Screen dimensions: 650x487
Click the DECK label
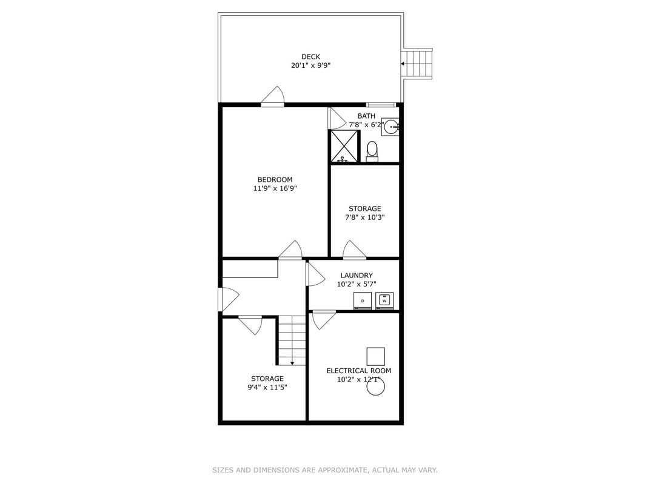pyautogui.click(x=310, y=57)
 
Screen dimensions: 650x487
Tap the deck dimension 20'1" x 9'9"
pyautogui.click(x=310, y=65)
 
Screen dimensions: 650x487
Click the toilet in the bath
pyautogui.click(x=372, y=151)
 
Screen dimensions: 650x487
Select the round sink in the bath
pyautogui.click(x=390, y=127)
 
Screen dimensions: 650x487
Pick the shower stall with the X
pyautogui.click(x=344, y=146)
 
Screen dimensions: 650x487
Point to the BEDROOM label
pyautogui.click(x=275, y=180)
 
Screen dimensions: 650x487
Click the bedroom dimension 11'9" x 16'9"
pyautogui.click(x=275, y=188)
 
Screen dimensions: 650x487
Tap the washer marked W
pyautogui.click(x=384, y=300)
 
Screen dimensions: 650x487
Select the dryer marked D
pyautogui.click(x=363, y=300)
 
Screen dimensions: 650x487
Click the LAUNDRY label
pyautogui.click(x=357, y=276)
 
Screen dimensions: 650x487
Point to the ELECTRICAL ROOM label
pyautogui.click(x=358, y=371)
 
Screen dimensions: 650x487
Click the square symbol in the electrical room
pyautogui.click(x=375, y=357)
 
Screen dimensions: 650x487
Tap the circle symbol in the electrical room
pyautogui.click(x=376, y=387)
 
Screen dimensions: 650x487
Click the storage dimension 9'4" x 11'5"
pyautogui.click(x=267, y=388)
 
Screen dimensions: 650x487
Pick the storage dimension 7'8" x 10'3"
pyautogui.click(x=365, y=217)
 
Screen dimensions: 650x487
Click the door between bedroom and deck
pyautogui.click(x=272, y=96)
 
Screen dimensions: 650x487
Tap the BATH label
pyautogui.click(x=366, y=116)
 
